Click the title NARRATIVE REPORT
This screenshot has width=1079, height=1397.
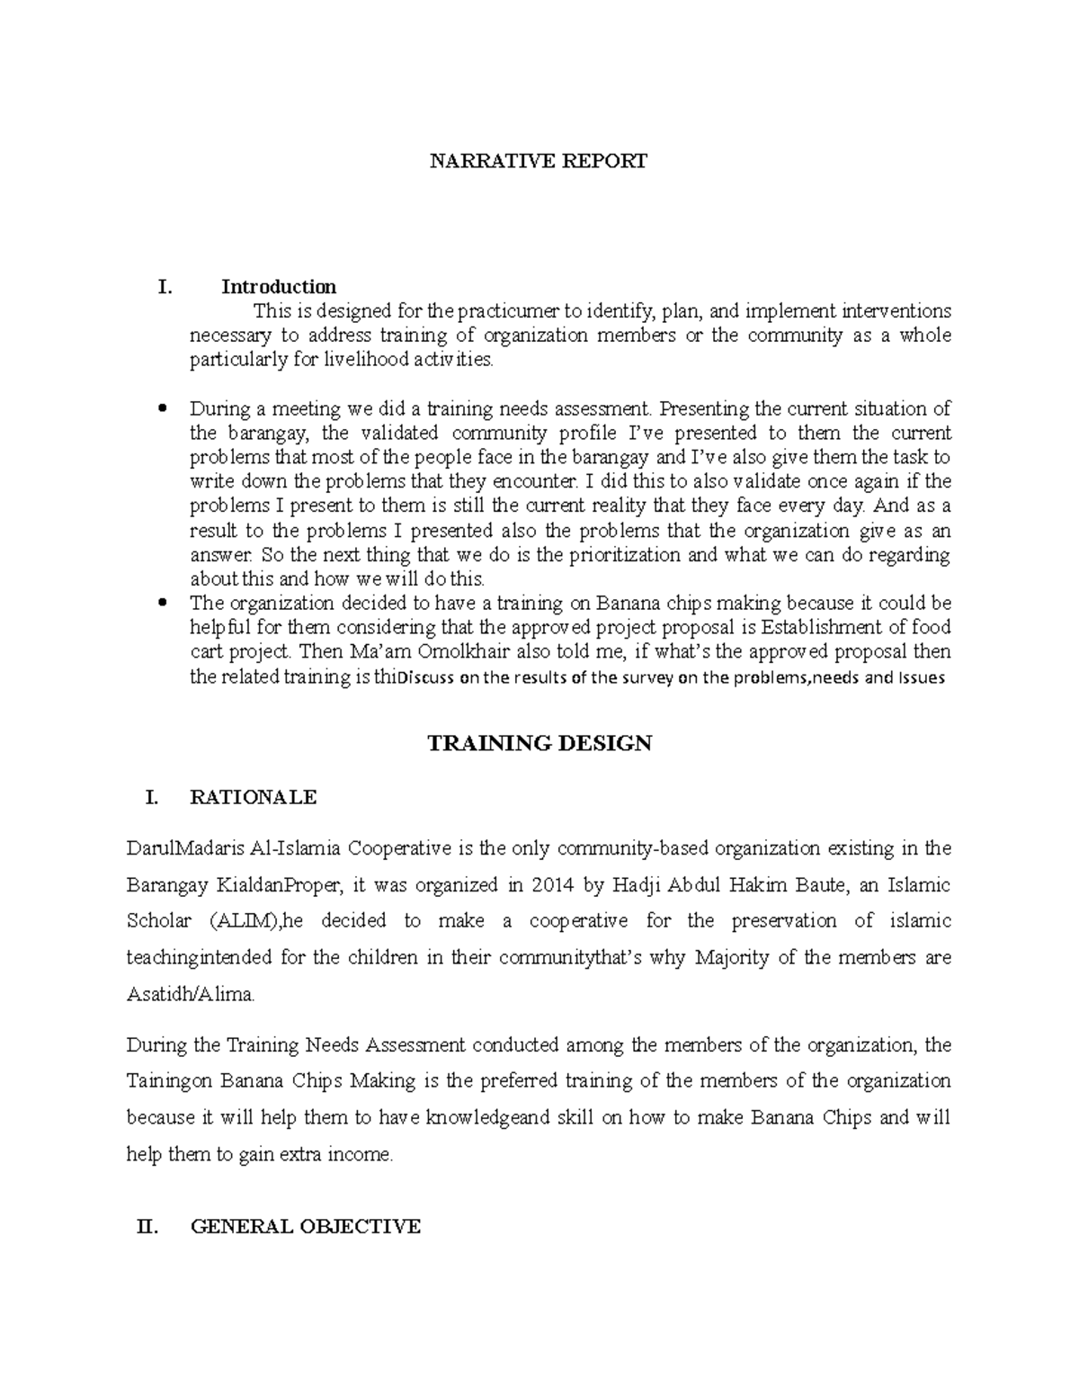pos(538,162)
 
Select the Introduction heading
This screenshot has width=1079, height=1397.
pos(279,287)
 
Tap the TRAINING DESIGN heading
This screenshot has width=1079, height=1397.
pos(539,743)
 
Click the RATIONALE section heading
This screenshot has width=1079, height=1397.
pos(253,797)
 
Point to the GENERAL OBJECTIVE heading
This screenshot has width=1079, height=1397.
pos(306,1226)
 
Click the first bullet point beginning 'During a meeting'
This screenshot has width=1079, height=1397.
pos(163,409)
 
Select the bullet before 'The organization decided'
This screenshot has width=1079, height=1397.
pos(163,603)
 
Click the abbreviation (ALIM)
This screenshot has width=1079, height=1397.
pos(236,921)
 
